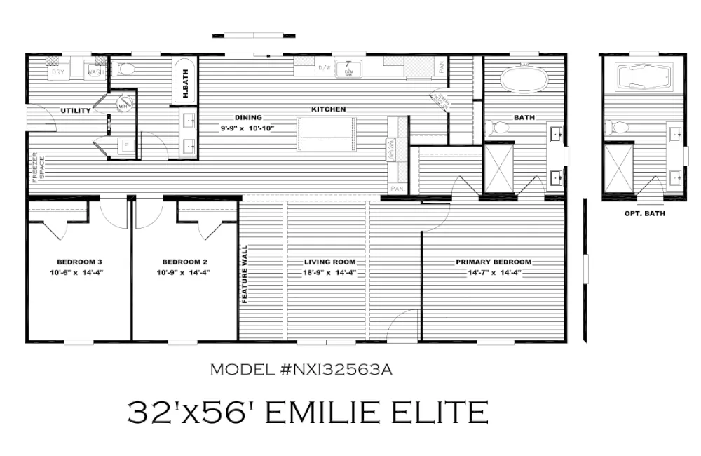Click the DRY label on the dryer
pos(57,71)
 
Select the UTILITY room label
pos(75,111)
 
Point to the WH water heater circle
pos(123,105)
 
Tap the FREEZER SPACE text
pos(36,168)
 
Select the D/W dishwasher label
pos(324,68)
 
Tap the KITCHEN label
pos(329,109)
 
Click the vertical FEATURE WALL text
pos(245,274)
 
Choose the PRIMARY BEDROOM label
pos(494,262)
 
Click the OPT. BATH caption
pos(644,213)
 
